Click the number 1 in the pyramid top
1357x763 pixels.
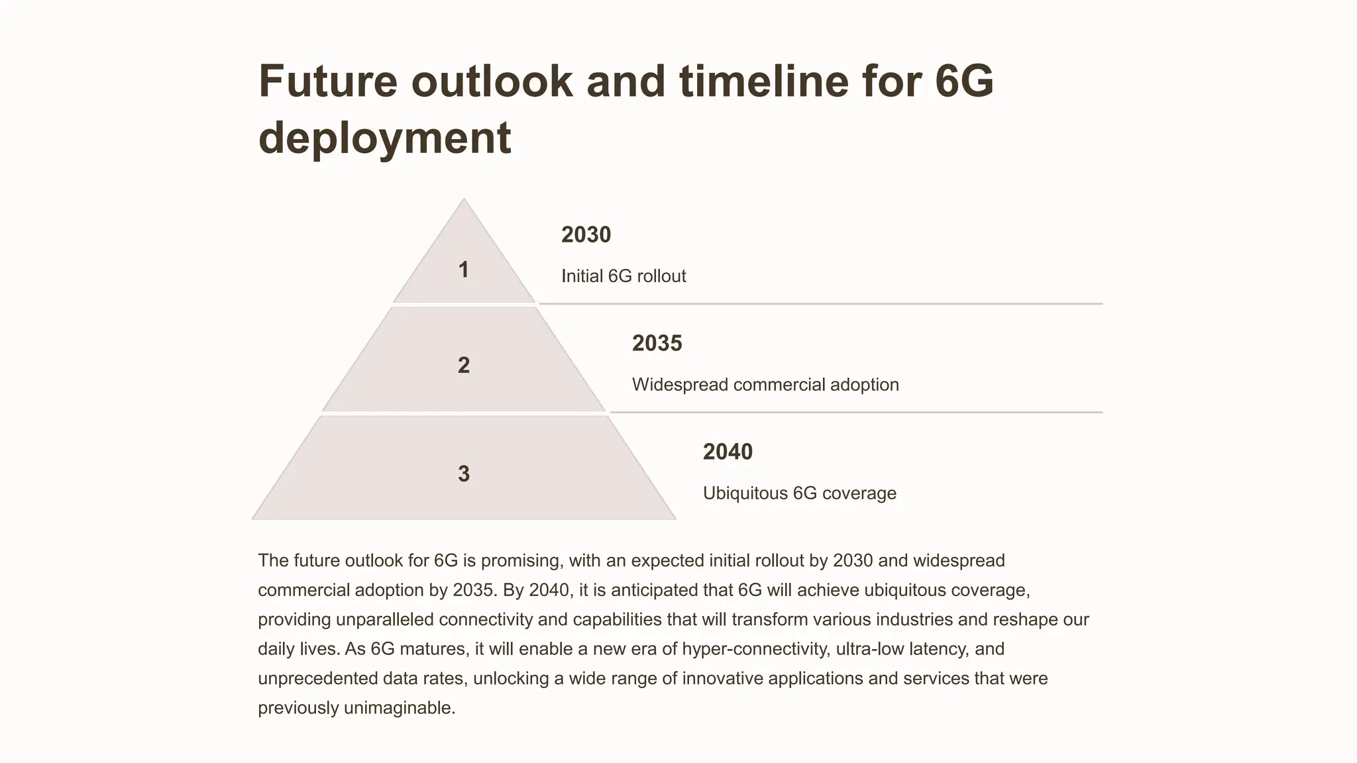pos(464,270)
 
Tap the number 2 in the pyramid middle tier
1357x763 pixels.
pos(464,365)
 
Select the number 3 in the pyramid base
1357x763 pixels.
pos(464,474)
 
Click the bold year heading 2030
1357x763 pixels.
pos(586,234)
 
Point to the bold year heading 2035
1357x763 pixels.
pos(657,343)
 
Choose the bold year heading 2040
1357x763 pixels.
pos(728,452)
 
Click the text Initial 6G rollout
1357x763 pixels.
pos(624,276)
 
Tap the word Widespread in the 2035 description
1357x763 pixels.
pos(680,385)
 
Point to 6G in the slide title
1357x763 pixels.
pos(964,81)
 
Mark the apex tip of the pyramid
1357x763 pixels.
pos(464,200)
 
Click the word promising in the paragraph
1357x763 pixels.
pos(521,560)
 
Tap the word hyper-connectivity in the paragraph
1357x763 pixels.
pos(755,648)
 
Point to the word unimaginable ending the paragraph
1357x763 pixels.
pos(399,708)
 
